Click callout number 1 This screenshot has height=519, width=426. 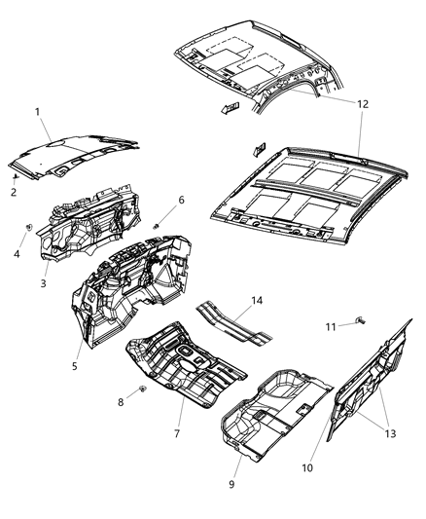(38, 112)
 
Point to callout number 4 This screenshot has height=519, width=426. (16, 256)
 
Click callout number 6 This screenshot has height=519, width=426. (181, 201)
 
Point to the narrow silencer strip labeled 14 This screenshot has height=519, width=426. (234, 325)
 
